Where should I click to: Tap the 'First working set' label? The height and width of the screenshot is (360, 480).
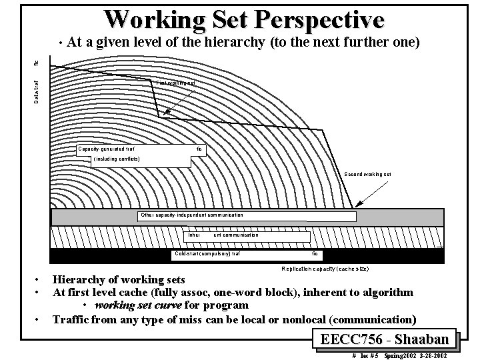pyautogui.click(x=176, y=83)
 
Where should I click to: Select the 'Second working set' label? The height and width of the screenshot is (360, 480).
pyautogui.click(x=367, y=174)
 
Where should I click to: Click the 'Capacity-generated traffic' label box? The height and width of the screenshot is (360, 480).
pyautogui.click(x=141, y=149)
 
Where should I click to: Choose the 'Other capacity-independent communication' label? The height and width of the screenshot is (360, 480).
pyautogui.click(x=192, y=215)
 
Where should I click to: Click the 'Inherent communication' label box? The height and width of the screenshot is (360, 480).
pyautogui.click(x=247, y=235)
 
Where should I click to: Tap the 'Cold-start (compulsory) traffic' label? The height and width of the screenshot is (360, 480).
pyautogui.click(x=247, y=254)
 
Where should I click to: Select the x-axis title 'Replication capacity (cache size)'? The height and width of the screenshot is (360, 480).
pyautogui.click(x=325, y=268)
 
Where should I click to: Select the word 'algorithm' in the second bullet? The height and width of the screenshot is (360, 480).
pyautogui.click(x=385, y=292)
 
